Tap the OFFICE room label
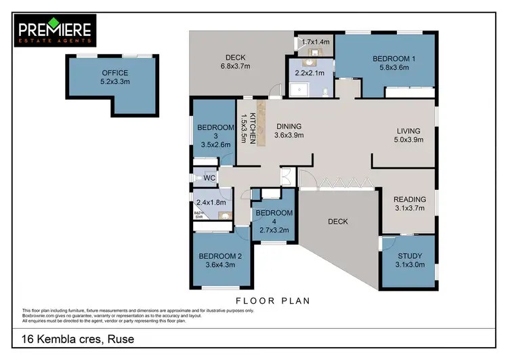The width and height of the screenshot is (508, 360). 114,73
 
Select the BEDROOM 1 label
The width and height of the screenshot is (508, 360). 394,59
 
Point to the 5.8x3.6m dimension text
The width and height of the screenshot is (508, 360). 394,68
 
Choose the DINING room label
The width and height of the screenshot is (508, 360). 288,126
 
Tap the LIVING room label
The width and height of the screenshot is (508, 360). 408,131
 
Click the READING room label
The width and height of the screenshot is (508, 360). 410,199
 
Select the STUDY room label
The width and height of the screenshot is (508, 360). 409,256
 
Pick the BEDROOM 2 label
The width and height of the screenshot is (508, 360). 215,256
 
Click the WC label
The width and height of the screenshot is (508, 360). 209,178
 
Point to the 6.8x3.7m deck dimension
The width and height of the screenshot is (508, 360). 235,66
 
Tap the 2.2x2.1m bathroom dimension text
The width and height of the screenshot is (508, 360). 310,73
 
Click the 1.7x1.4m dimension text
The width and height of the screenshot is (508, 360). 316,42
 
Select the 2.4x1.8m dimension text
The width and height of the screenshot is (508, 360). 209,202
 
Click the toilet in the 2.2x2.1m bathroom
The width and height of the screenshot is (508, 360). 325,91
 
